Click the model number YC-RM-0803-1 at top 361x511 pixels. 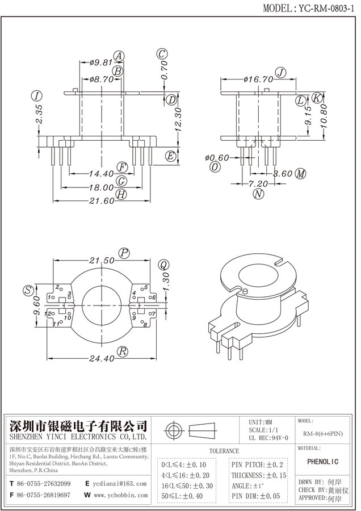[325, 9]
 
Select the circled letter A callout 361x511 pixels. [119, 56]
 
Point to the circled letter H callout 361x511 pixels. [121, 196]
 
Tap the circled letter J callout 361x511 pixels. [280, 72]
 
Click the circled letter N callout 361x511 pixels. [259, 194]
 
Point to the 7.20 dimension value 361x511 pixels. [258, 184]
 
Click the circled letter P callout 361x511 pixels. [123, 253]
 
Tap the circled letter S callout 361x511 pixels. [27, 291]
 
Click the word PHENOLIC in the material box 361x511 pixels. [324, 462]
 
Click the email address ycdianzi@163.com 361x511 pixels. [119, 484]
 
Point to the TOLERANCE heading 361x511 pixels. [224, 451]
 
